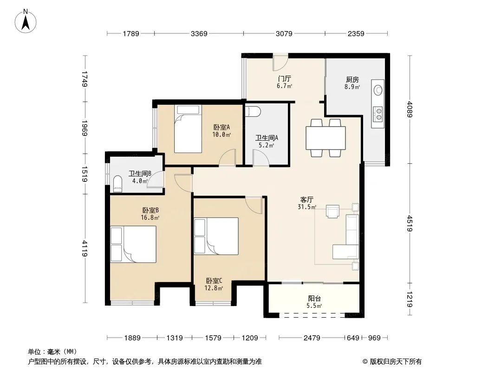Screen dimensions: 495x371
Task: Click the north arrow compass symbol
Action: (26, 21)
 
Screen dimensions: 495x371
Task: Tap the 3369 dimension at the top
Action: (199, 33)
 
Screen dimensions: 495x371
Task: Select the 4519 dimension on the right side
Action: (410, 223)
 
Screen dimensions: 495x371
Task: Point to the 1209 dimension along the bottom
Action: (250, 338)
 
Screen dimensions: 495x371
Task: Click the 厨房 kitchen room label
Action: (352, 79)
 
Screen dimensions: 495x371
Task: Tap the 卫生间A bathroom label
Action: (267, 138)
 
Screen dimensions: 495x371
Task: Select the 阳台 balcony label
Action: (314, 298)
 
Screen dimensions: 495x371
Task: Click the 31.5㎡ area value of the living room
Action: (307, 207)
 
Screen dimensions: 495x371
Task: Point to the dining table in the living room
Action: (326, 138)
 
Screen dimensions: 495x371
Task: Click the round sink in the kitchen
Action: (378, 90)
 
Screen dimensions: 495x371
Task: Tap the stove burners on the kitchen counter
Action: (378, 114)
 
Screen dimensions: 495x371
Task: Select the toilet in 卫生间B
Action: (117, 184)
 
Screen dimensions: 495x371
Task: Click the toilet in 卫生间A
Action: (253, 111)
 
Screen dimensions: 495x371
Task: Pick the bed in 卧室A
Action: (188, 129)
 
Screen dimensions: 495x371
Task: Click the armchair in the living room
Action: (332, 211)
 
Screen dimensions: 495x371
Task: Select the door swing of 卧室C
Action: (254, 205)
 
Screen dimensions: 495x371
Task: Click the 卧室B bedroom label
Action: (150, 210)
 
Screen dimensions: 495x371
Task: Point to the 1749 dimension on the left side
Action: (85, 79)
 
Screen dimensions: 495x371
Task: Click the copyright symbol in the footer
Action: (365, 362)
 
